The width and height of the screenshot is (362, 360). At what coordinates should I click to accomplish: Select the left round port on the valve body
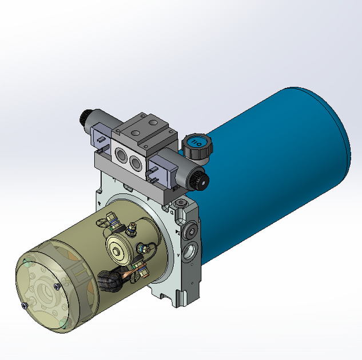click(x=121, y=154)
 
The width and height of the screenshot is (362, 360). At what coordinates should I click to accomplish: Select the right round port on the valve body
click(x=136, y=163)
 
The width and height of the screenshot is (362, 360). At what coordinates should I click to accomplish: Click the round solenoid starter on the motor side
click(x=118, y=247)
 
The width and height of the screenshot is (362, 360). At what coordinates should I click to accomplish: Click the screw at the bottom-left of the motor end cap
click(x=24, y=306)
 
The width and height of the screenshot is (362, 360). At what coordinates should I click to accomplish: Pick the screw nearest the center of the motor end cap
click(x=55, y=286)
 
